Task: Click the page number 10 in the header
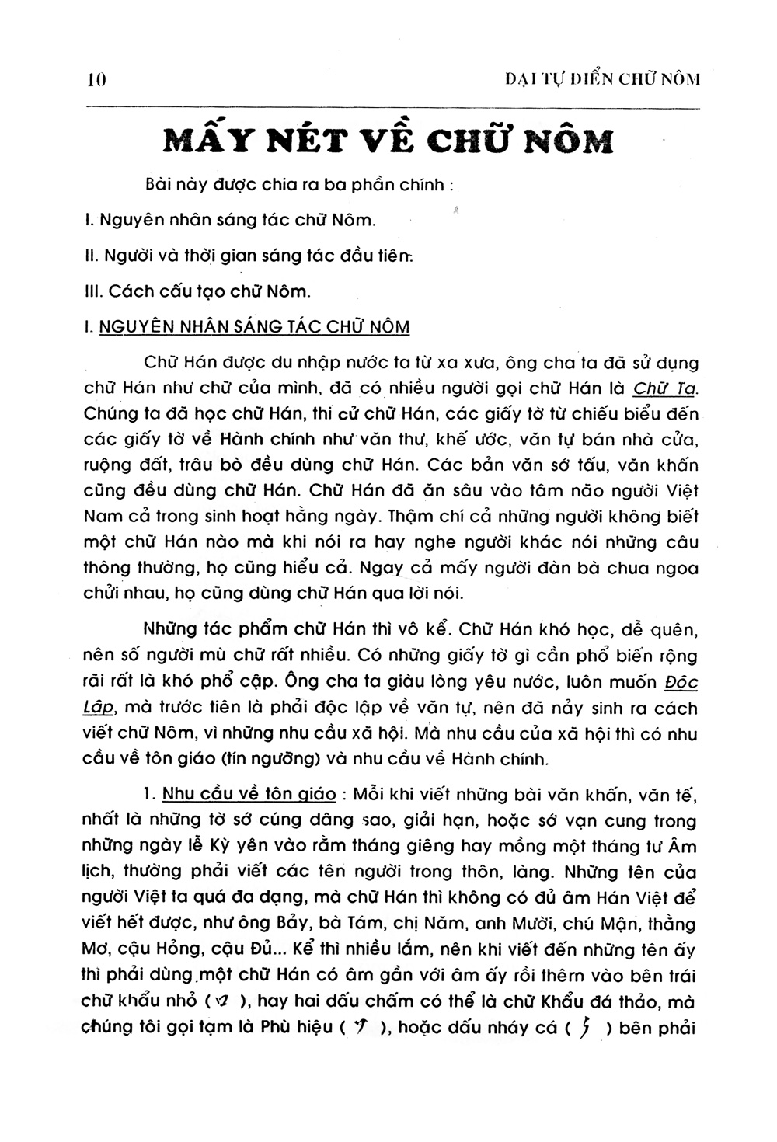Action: click(96, 79)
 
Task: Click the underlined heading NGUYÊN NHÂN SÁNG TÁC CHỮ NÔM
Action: click(254, 326)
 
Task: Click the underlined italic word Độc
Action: click(682, 683)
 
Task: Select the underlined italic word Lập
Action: click(98, 709)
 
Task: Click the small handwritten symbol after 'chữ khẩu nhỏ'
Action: click(221, 1001)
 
